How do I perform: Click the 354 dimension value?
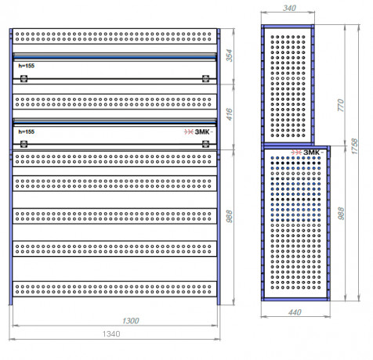pos(229,56)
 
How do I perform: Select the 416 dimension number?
pos(229,114)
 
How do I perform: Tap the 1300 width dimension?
pos(131,321)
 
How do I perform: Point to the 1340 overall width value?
pos(111,334)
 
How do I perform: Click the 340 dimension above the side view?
pos(289,8)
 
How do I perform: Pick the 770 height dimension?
pos(341,105)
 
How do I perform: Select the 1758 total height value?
pos(354,146)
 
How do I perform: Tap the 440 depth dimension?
pos(295,312)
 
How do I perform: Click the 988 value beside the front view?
pos(229,216)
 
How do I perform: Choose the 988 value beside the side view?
pos(341,214)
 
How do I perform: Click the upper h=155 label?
pos(27,66)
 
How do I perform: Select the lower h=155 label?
pos(27,131)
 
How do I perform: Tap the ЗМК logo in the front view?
pos(198,132)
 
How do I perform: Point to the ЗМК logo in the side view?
pos(307,153)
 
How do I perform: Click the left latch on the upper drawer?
pos(24,78)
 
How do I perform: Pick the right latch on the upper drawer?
pos(206,78)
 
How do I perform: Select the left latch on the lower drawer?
pos(24,144)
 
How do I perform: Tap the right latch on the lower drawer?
pos(206,144)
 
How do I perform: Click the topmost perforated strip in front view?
pos(114,36)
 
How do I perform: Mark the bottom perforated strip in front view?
pos(114,289)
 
